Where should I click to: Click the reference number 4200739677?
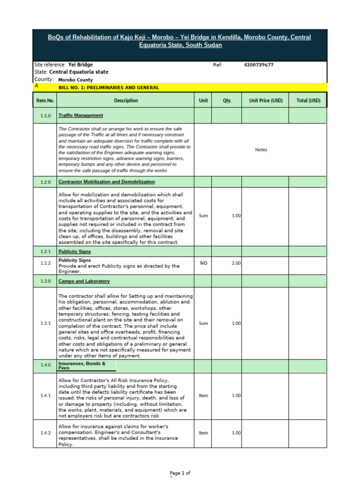coord(258,65)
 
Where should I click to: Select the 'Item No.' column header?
coord(45,100)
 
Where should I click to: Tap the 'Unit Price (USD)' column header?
coord(266,100)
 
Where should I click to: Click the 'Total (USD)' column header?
coord(308,100)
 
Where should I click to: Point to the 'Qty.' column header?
coord(227,100)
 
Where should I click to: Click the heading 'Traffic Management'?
coord(81,115)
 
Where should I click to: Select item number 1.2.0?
coord(45,182)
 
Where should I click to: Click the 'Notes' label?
coord(261,150)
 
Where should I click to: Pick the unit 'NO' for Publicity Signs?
coord(203,263)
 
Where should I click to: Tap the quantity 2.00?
coord(236,263)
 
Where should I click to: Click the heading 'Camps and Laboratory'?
coord(84,281)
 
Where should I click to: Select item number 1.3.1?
coord(45,323)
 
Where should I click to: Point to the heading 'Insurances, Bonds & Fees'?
coord(82,366)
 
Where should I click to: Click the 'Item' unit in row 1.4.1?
coord(203,396)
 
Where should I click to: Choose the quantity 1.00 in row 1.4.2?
coord(236,433)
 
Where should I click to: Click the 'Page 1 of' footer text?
coord(180,473)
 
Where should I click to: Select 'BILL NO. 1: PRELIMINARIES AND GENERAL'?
coord(109,88)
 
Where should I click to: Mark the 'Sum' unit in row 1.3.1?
coord(203,323)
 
